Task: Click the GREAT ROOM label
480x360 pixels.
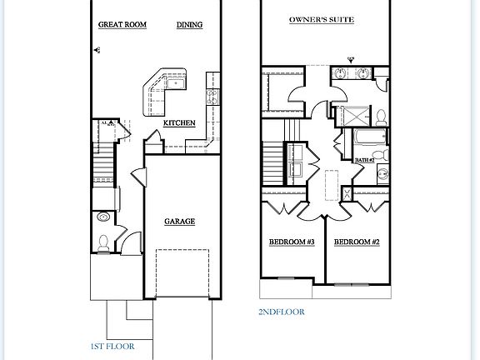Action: point(122,25)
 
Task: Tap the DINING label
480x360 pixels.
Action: point(190,25)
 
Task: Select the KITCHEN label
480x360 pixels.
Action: point(179,123)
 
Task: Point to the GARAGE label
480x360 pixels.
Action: point(178,222)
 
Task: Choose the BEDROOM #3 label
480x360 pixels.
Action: point(291,242)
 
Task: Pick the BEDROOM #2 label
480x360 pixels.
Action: point(357,242)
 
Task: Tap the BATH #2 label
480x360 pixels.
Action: point(364,158)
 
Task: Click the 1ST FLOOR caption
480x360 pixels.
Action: point(112,345)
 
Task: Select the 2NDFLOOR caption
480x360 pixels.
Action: point(281,312)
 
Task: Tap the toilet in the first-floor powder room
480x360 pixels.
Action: point(103,243)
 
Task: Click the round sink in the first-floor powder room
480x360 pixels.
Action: point(102,217)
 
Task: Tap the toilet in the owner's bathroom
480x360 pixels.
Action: point(380,116)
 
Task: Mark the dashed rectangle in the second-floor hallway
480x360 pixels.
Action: point(330,184)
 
